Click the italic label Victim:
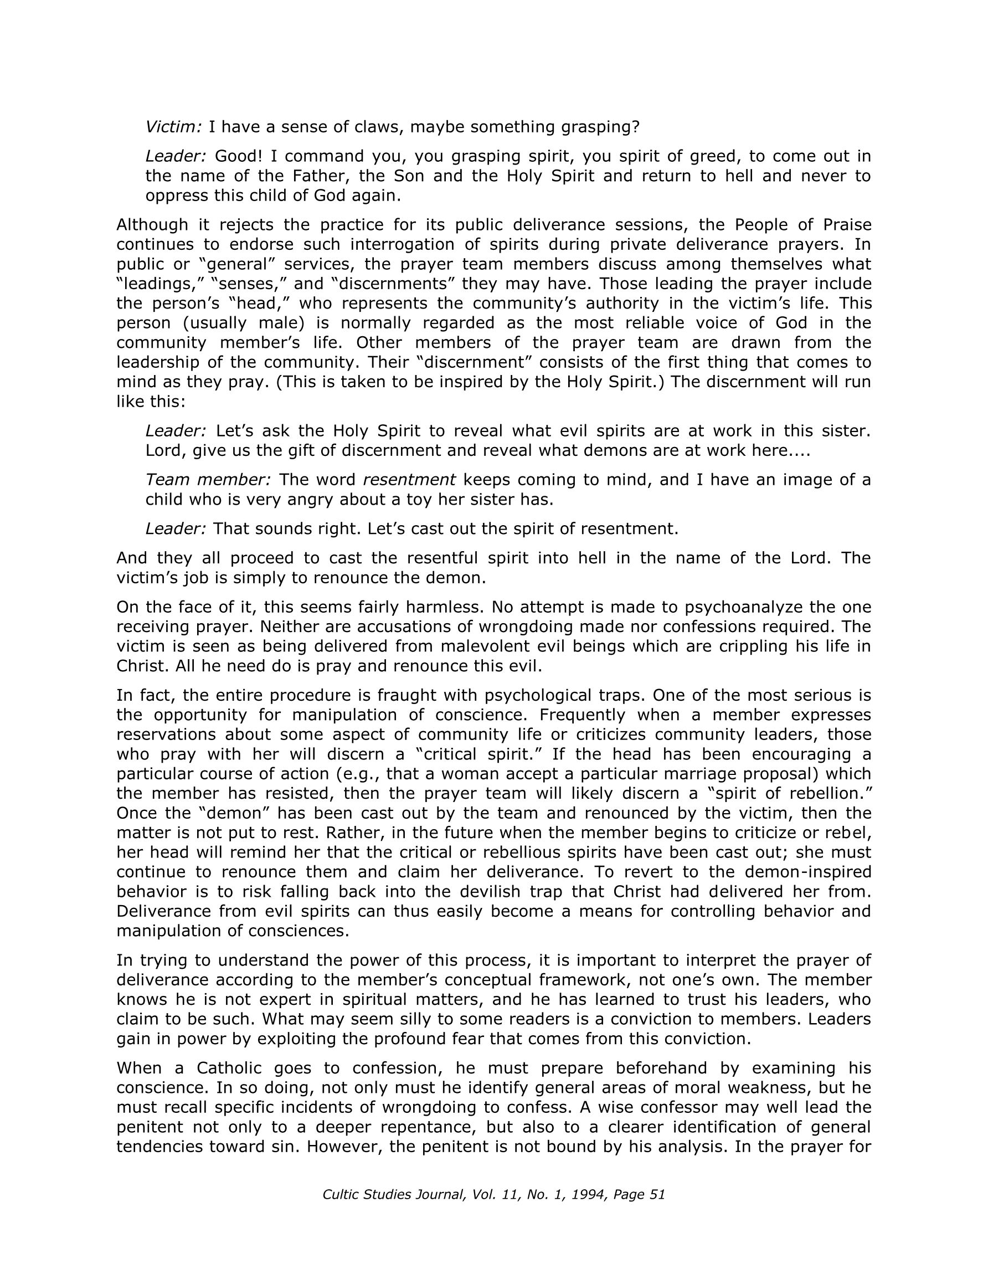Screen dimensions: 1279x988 pos(173,126)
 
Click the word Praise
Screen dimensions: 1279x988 pos(847,225)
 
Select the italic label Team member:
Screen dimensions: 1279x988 pos(208,480)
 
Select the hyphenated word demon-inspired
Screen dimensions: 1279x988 pos(807,872)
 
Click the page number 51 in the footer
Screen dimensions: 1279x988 pos(657,1195)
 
